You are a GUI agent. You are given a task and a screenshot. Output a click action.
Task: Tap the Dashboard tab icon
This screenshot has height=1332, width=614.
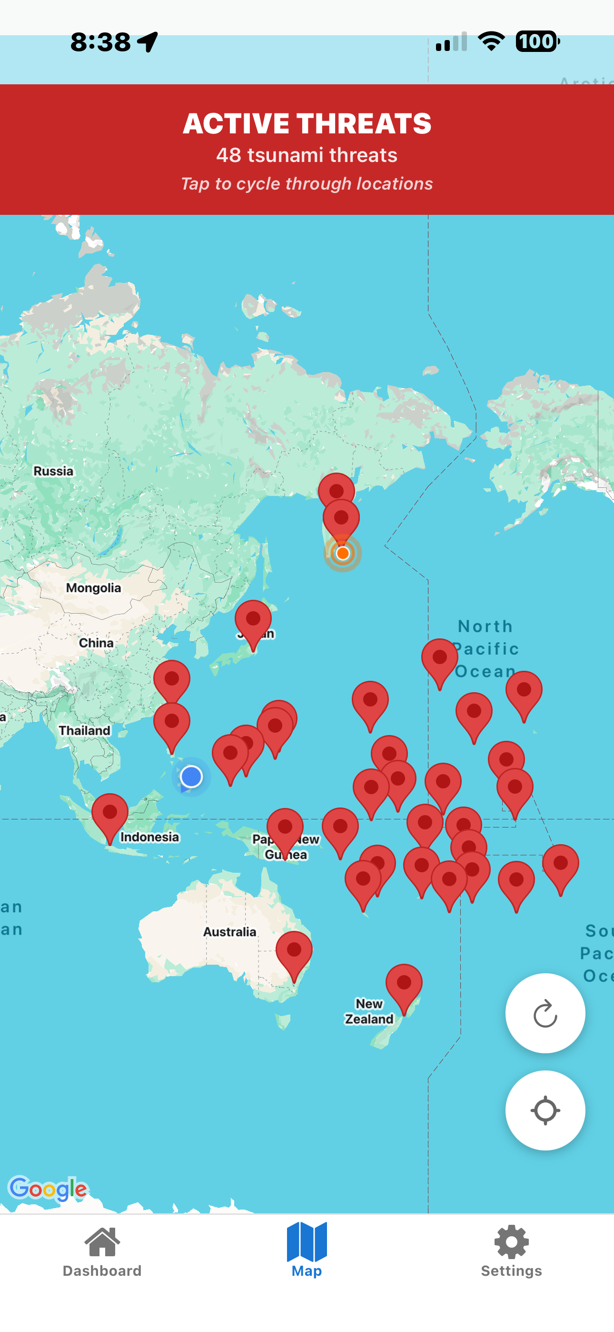(x=102, y=1241)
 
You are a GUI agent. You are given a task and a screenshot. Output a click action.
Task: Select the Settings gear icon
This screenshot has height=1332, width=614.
(x=511, y=1241)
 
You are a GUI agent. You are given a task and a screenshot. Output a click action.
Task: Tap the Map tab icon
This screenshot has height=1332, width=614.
(x=307, y=1241)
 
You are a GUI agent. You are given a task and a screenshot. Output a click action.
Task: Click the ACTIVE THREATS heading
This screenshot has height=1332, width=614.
(x=307, y=123)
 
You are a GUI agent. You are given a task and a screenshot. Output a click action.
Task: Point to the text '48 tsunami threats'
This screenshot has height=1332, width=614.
(x=307, y=155)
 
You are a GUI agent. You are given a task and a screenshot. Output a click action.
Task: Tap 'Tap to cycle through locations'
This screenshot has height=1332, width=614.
(x=307, y=183)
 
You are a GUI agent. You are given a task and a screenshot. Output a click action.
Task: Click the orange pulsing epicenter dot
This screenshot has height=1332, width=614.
(x=342, y=553)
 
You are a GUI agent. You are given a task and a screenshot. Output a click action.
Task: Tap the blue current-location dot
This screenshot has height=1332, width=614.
(x=191, y=776)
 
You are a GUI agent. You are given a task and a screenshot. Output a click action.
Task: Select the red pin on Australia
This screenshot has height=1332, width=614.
(x=294, y=952)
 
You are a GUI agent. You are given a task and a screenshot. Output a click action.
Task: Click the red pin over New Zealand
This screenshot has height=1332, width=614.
(x=404, y=985)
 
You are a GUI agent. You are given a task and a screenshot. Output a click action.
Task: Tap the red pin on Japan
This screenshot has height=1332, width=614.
(x=253, y=620)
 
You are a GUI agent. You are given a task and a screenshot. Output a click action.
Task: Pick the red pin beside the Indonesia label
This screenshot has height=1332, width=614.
(x=109, y=815)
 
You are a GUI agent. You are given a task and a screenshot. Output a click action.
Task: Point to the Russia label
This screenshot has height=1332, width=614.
(x=53, y=471)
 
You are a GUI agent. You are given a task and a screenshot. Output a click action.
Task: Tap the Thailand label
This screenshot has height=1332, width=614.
(x=85, y=730)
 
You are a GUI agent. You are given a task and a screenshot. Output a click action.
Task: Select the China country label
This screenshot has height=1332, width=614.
(x=96, y=643)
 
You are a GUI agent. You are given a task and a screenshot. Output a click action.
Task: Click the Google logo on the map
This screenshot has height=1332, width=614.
(x=48, y=1188)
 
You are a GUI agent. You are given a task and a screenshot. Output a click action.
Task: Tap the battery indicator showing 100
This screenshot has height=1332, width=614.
(x=537, y=41)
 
